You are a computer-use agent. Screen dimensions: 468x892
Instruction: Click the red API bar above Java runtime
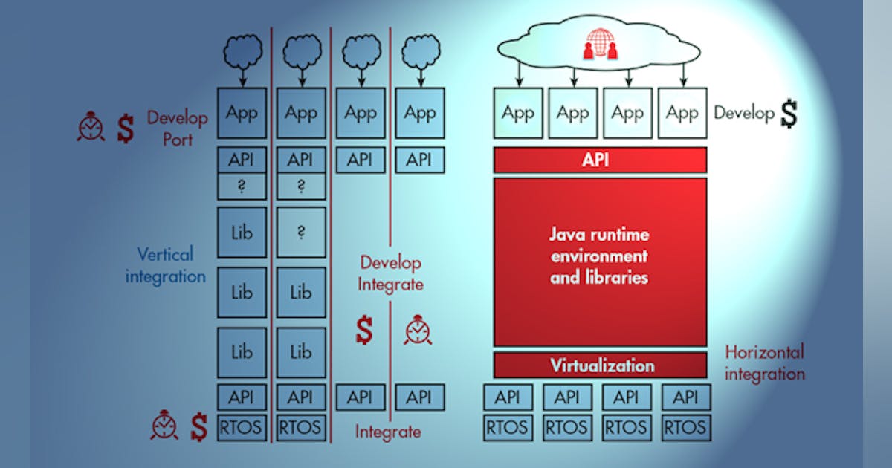(600, 160)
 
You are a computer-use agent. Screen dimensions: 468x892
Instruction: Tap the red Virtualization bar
(600, 365)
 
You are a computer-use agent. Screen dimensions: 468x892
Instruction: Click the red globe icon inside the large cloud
(600, 43)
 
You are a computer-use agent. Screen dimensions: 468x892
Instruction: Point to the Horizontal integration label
(764, 363)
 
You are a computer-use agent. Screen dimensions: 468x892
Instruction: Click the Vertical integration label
(165, 265)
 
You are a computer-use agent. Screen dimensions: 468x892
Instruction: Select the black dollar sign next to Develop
(788, 113)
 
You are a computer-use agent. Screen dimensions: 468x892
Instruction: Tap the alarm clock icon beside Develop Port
(91, 127)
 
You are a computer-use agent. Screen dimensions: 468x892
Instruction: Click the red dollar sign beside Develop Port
(126, 128)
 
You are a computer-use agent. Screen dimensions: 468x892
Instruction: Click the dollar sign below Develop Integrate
(363, 331)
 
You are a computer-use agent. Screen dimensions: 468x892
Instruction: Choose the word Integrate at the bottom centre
(387, 432)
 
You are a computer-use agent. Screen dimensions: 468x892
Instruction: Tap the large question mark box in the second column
(301, 233)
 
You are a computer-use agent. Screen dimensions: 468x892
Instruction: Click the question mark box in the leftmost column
(242, 187)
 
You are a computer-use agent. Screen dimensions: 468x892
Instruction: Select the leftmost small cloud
(242, 53)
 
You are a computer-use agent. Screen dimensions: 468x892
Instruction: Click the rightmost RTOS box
(685, 428)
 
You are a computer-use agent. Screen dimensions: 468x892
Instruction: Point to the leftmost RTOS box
(242, 428)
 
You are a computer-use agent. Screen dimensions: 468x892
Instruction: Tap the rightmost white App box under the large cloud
(682, 114)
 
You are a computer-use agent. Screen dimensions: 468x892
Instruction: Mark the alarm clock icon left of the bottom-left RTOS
(164, 426)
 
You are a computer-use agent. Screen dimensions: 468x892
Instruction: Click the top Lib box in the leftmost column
(242, 233)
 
